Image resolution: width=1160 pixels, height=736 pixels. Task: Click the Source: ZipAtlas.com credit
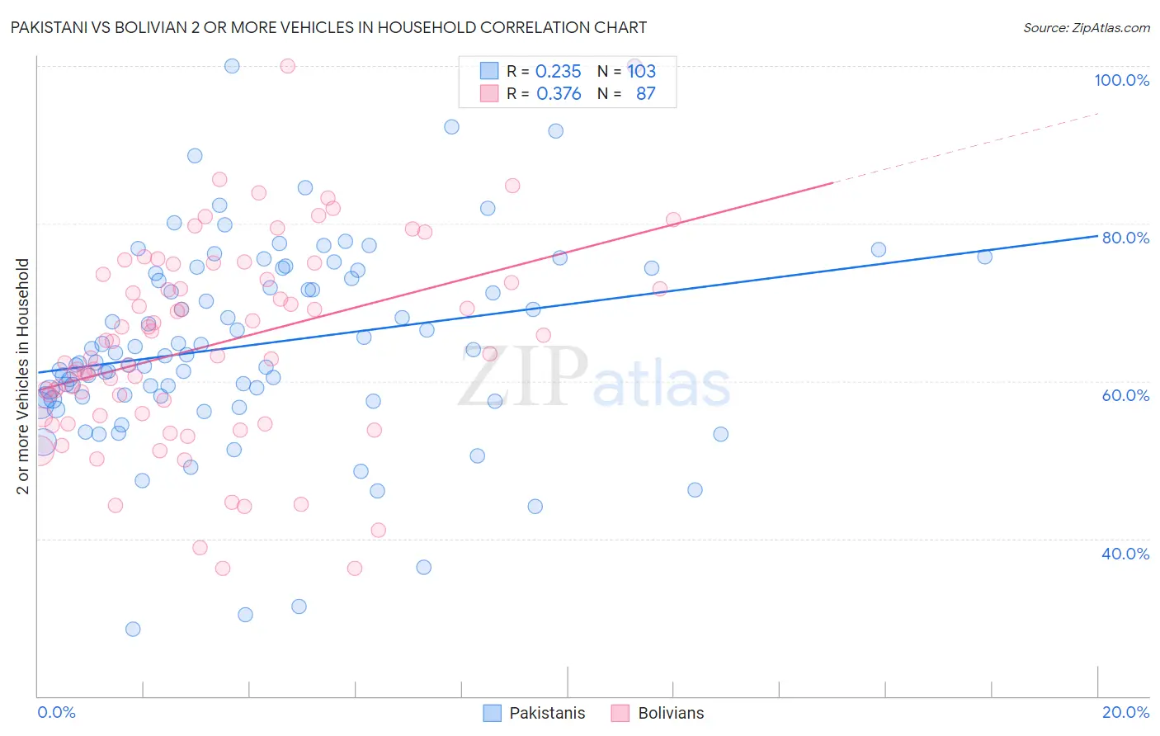click(x=1086, y=27)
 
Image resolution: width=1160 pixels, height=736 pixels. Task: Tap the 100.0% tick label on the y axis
click(x=1121, y=80)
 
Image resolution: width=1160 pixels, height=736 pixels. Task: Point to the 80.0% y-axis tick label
click(x=1125, y=238)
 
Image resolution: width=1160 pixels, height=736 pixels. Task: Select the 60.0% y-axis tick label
click(x=1125, y=395)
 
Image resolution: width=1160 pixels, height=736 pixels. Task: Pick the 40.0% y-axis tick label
click(x=1125, y=554)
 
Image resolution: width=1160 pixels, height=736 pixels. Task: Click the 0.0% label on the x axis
click(x=56, y=712)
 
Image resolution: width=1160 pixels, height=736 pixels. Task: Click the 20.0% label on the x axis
click(x=1125, y=712)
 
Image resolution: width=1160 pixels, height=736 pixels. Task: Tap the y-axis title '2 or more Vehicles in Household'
click(x=23, y=376)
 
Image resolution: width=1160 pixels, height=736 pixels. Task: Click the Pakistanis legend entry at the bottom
click(x=546, y=713)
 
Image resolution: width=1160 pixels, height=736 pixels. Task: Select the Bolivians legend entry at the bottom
click(x=670, y=713)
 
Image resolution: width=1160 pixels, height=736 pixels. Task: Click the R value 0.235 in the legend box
click(x=559, y=71)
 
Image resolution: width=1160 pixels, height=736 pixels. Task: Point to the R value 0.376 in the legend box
click(x=559, y=94)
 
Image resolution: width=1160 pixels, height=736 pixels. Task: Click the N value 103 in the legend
click(x=642, y=71)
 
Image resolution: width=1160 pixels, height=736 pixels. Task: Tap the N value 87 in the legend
click(x=645, y=94)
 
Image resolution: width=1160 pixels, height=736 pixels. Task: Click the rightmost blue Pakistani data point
click(x=984, y=257)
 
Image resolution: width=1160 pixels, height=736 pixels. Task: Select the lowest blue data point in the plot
click(x=133, y=629)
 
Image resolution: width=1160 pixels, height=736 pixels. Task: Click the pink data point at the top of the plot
click(x=288, y=66)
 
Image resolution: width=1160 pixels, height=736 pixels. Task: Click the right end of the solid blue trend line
click(x=1096, y=236)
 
